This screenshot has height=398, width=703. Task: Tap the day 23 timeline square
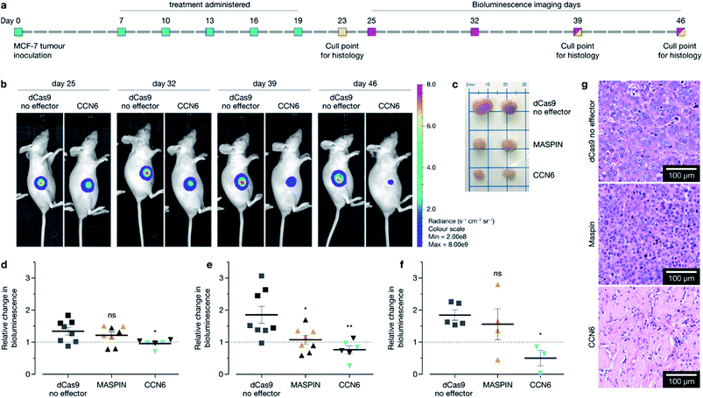343,32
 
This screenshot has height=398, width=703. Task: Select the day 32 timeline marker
475,32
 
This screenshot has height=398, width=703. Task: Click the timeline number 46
681,18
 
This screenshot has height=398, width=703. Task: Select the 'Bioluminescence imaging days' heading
526,4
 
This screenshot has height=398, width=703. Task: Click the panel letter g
583,85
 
